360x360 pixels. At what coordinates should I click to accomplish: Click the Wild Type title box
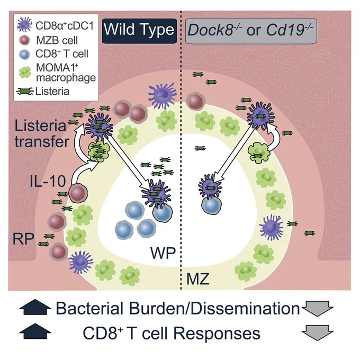click(139, 31)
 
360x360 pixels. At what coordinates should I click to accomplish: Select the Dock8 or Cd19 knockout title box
click(251, 31)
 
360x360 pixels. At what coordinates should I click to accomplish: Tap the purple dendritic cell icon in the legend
click(24, 24)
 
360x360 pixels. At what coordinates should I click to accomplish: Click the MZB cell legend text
click(57, 40)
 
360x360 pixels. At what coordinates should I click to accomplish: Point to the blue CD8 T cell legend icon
click(24, 55)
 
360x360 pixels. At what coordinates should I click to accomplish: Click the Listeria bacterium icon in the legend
click(25, 92)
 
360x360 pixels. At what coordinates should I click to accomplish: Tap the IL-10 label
click(48, 181)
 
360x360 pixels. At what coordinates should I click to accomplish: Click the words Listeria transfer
click(42, 134)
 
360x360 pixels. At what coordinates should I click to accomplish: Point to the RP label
click(23, 239)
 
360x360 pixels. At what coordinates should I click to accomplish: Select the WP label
click(163, 253)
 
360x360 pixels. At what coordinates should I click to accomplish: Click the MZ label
click(198, 278)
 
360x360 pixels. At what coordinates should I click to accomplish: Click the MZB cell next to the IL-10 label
click(78, 194)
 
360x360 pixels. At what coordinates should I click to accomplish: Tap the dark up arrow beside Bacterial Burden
click(35, 307)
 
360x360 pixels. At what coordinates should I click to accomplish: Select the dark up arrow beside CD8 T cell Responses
click(35, 331)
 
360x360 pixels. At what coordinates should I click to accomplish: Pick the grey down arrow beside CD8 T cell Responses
click(317, 332)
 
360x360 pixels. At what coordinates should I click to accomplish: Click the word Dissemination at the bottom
click(245, 308)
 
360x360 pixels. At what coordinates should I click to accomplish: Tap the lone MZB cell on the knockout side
click(195, 101)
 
